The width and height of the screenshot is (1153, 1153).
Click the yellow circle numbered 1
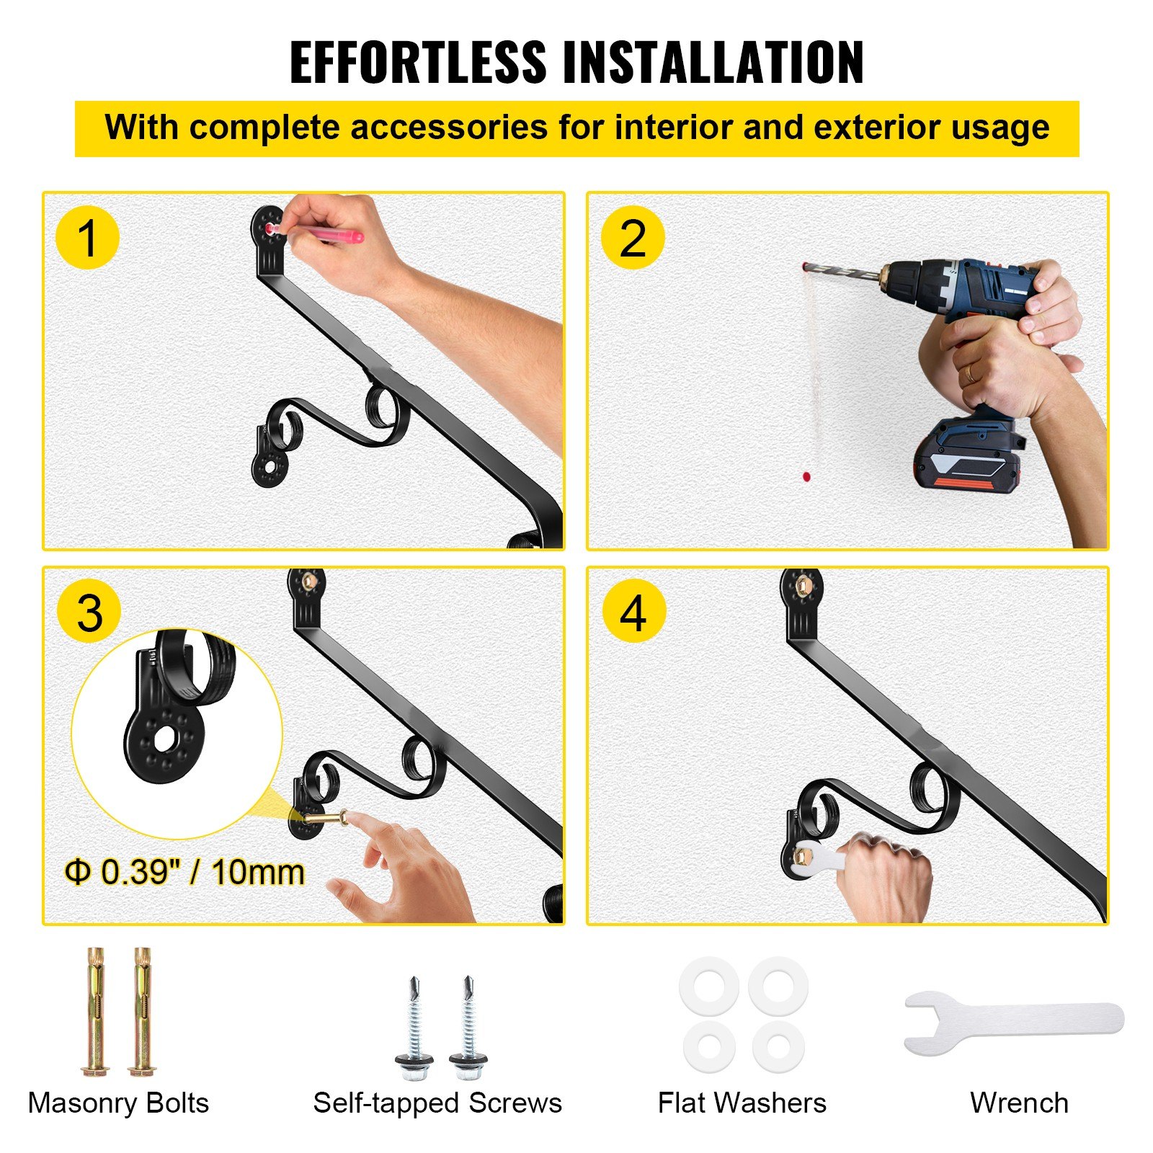tap(87, 237)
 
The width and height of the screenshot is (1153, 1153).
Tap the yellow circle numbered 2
tap(633, 237)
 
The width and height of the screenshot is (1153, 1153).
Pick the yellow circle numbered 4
tap(633, 612)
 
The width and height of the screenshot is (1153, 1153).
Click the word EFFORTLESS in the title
tap(418, 63)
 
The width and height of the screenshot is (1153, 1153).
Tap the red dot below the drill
tap(806, 476)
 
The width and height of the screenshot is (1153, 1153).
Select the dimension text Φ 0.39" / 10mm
tap(184, 872)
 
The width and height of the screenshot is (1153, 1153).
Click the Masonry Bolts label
tap(118, 1103)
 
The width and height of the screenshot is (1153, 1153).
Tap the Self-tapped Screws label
tap(437, 1103)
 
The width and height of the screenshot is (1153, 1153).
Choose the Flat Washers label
tap(742, 1103)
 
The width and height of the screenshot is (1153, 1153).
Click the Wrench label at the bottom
tap(1019, 1103)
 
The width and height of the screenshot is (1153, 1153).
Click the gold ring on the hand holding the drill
tap(970, 373)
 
